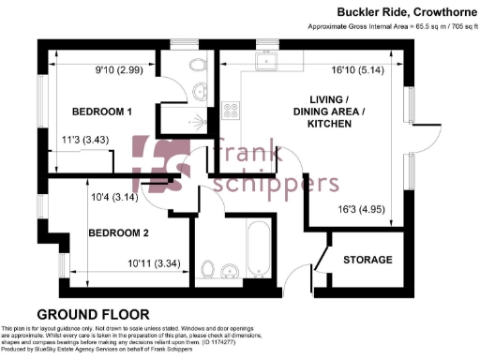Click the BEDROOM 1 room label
pyautogui.click(x=102, y=112)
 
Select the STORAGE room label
pyautogui.click(x=367, y=259)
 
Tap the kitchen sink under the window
pyautogui.click(x=267, y=61)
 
